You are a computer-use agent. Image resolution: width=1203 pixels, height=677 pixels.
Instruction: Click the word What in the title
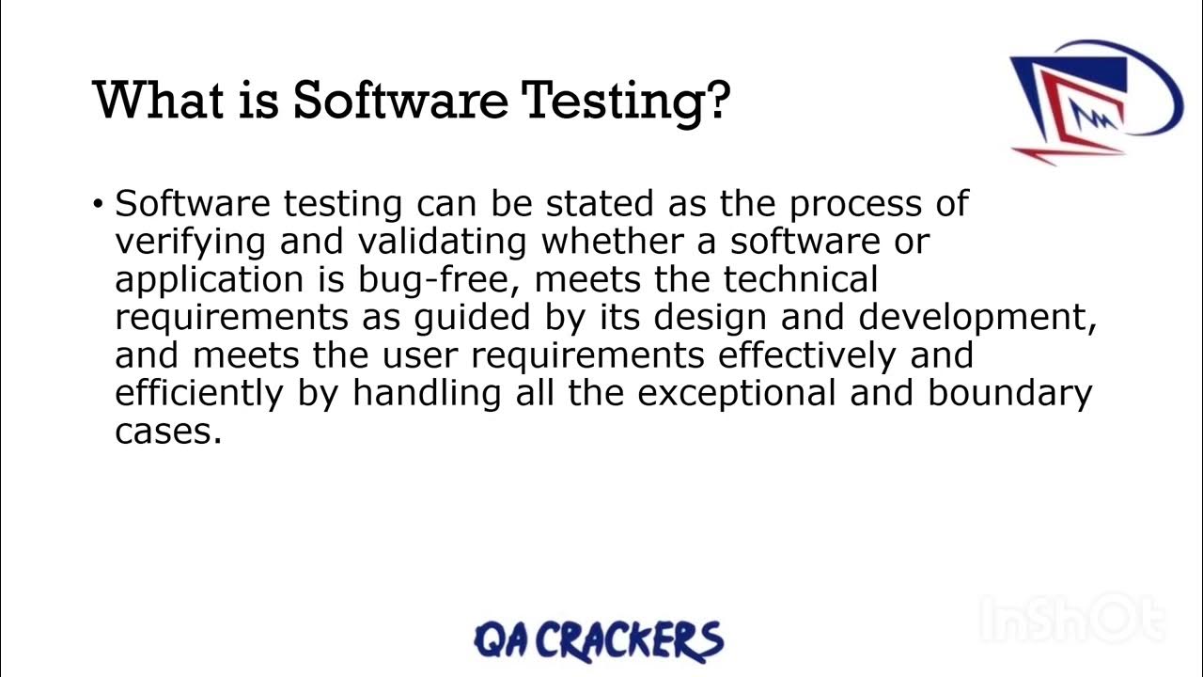[150, 99]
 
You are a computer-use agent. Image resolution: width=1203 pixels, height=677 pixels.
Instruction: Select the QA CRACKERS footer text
[599, 639]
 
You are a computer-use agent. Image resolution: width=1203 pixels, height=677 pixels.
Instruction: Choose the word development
[977, 318]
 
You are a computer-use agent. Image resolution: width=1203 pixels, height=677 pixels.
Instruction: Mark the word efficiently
[198, 394]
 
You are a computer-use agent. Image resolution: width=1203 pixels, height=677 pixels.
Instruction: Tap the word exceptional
[738, 394]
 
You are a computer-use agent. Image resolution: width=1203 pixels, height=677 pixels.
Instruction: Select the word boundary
[1009, 394]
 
